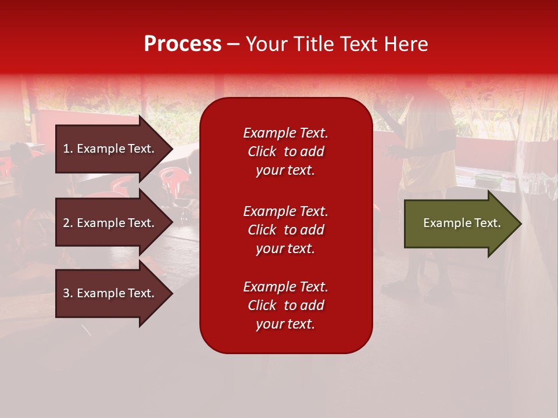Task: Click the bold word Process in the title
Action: (x=183, y=44)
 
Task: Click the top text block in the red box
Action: (x=285, y=152)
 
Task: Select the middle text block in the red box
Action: (x=285, y=230)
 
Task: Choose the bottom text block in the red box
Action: (x=285, y=305)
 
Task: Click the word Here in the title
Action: (x=407, y=44)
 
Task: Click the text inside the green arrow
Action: (x=462, y=223)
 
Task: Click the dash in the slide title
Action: (x=233, y=45)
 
